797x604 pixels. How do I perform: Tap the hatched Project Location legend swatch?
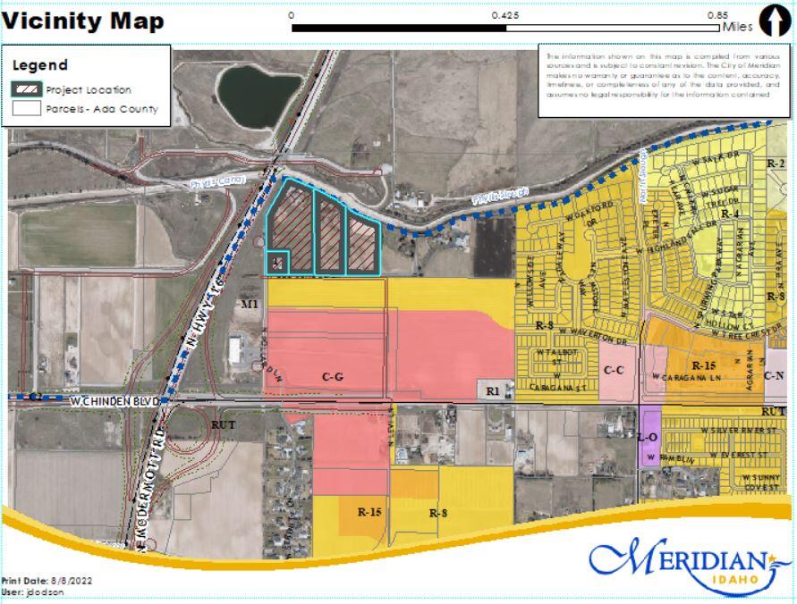pos(27,89)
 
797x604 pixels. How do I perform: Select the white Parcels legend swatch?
pos(27,109)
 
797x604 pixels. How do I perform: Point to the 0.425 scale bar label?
pos(506,15)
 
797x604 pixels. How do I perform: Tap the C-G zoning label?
pos(333,378)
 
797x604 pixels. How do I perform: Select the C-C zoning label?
pos(614,370)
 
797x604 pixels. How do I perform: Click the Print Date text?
pos(47,581)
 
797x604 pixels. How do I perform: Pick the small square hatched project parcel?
pos(278,262)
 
